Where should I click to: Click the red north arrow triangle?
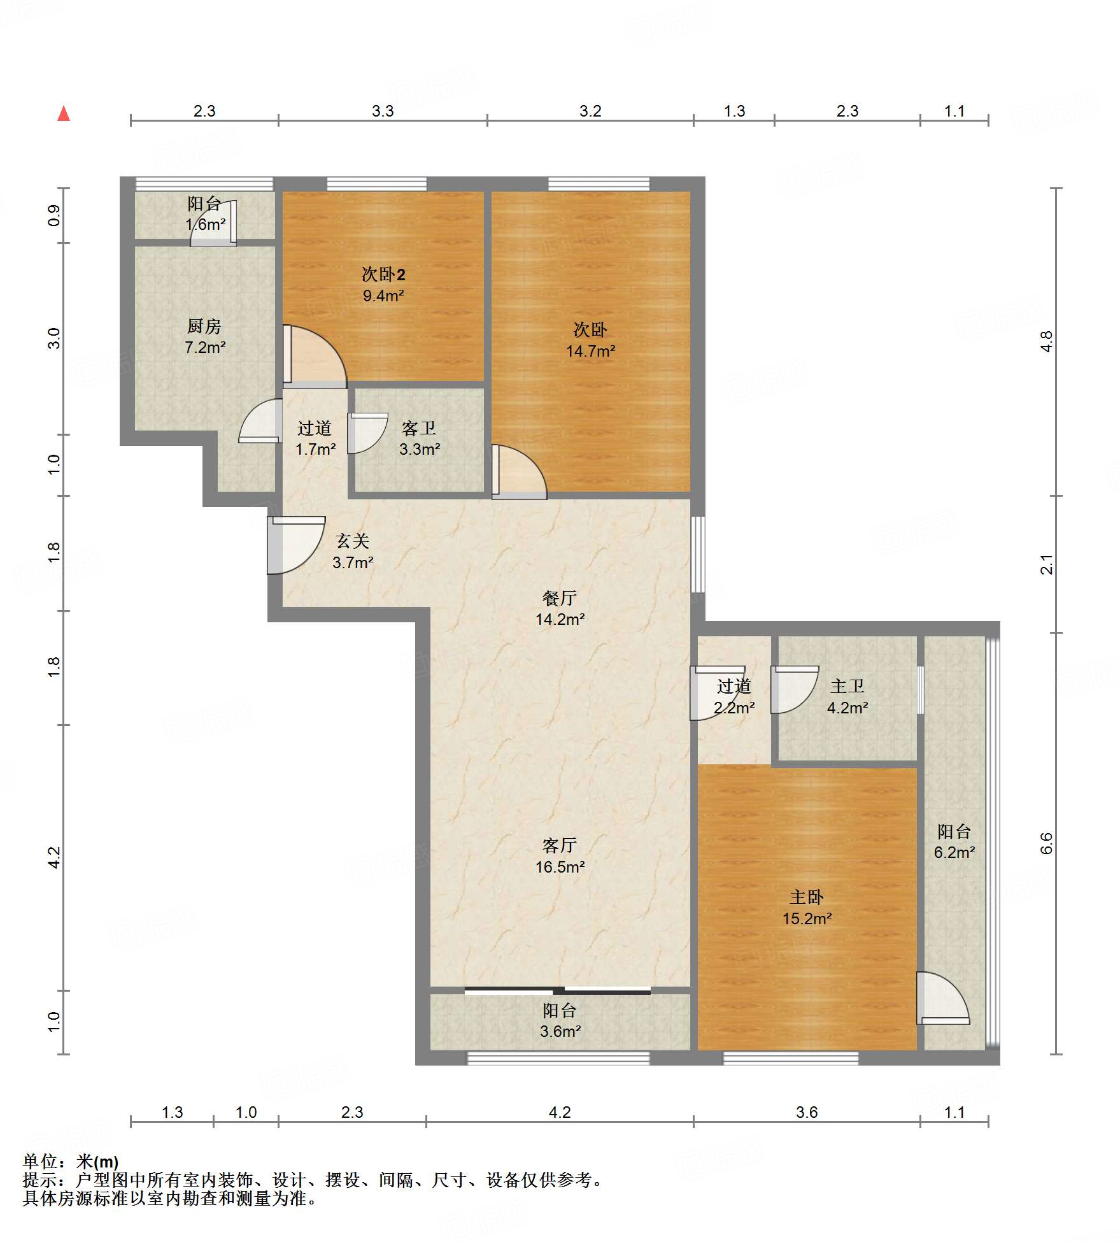pyautogui.click(x=64, y=114)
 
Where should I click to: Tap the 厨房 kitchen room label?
pyautogui.click(x=204, y=327)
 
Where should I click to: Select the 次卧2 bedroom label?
pyautogui.click(x=383, y=275)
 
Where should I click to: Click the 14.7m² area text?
pyautogui.click(x=591, y=351)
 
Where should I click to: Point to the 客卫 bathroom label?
pyautogui.click(x=419, y=429)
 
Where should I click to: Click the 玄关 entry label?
pyautogui.click(x=353, y=541)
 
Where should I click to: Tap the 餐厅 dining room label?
pyautogui.click(x=560, y=598)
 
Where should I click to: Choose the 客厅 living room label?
pyautogui.click(x=560, y=846)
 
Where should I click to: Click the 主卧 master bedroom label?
pyautogui.click(x=807, y=897)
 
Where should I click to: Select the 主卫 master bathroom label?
pyautogui.click(x=847, y=687)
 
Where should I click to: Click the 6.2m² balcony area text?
pyautogui.click(x=954, y=852)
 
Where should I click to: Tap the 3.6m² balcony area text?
pyautogui.click(x=560, y=1031)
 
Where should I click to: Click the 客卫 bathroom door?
pyautogui.click(x=367, y=433)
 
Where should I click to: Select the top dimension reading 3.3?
pyautogui.click(x=383, y=111)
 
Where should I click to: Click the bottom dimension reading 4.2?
pyautogui.click(x=560, y=1112)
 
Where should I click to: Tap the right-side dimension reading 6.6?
pyautogui.click(x=1046, y=843)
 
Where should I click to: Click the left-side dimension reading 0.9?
pyautogui.click(x=54, y=215)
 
